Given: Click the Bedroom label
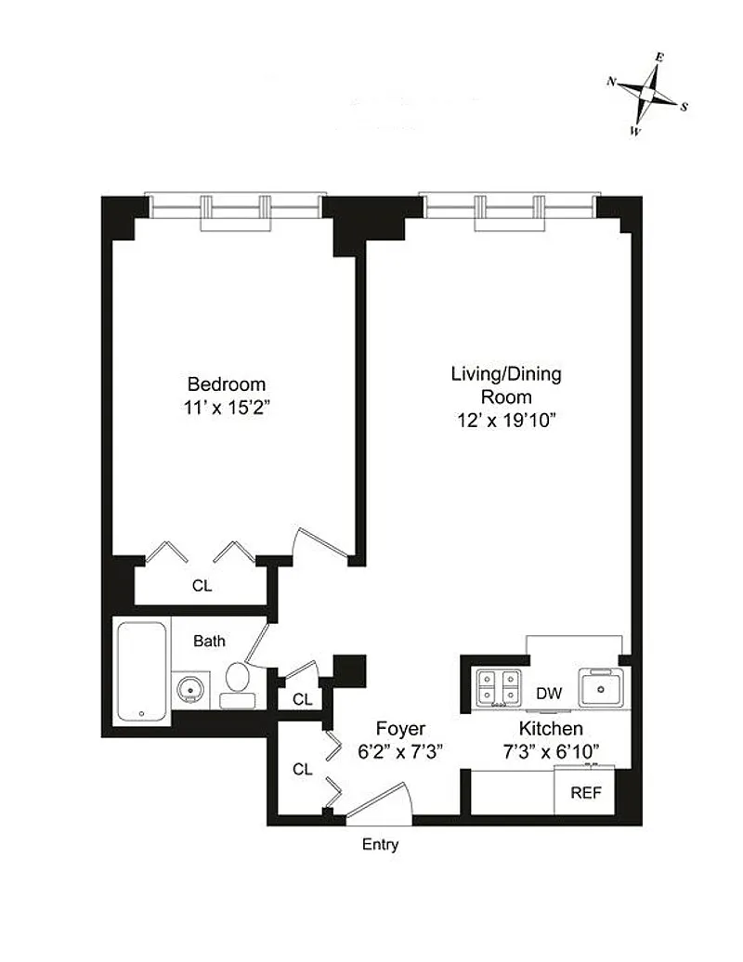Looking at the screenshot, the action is pos(227,384).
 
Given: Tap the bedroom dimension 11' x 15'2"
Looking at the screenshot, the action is pos(227,408).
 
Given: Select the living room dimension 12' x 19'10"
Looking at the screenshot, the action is pos(506,421).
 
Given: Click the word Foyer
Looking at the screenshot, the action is pos(400,729).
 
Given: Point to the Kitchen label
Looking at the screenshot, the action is pos(551,728).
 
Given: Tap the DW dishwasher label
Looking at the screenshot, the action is pos(549,694).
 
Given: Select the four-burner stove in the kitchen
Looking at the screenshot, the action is pos(499,686).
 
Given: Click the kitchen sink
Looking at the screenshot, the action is pos(601,687).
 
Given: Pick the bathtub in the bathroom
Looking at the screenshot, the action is pos(142,671).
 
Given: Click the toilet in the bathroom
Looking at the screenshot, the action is pos(238,686).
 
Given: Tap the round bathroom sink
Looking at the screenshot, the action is pos(189,690).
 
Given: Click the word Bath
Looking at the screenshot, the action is pos(209,641).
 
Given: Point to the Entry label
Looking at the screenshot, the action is pos(380,845).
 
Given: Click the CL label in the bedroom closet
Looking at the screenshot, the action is pos(202,586).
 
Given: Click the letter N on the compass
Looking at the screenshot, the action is pos(611,81).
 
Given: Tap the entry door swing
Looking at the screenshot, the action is pos(382,801).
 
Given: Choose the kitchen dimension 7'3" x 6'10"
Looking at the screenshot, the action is pos(551,751).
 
